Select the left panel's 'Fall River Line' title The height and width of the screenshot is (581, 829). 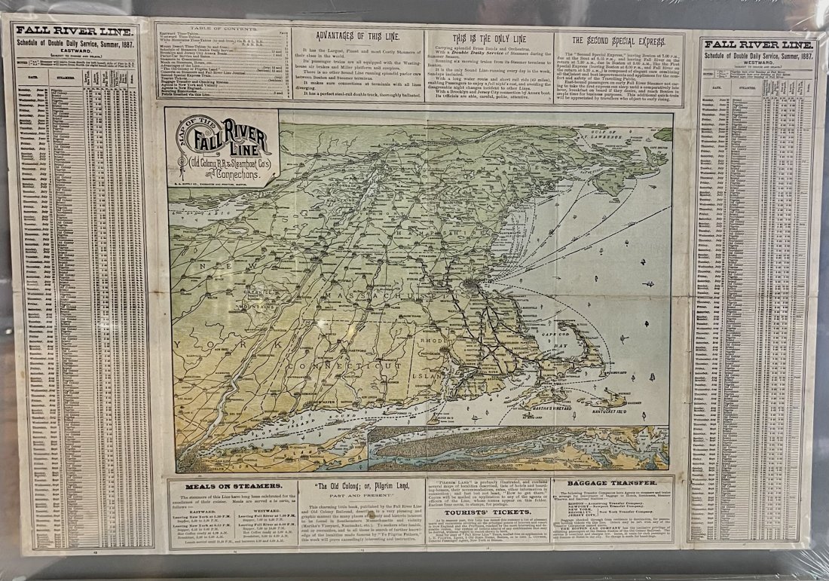(75, 32)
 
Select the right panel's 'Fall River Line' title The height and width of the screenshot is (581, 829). (758, 44)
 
